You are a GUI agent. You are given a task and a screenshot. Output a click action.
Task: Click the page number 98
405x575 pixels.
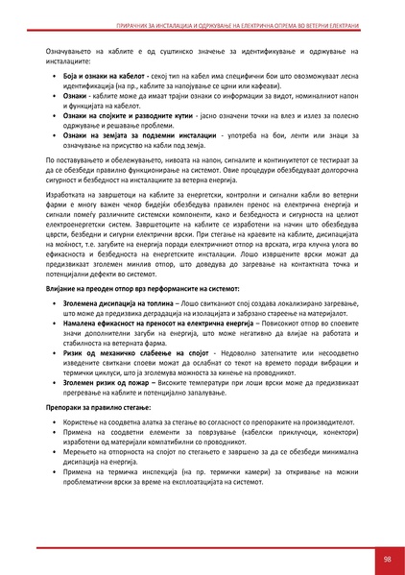tap(385, 558)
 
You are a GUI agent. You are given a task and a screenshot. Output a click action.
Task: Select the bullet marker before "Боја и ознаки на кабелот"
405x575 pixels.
tap(54, 75)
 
